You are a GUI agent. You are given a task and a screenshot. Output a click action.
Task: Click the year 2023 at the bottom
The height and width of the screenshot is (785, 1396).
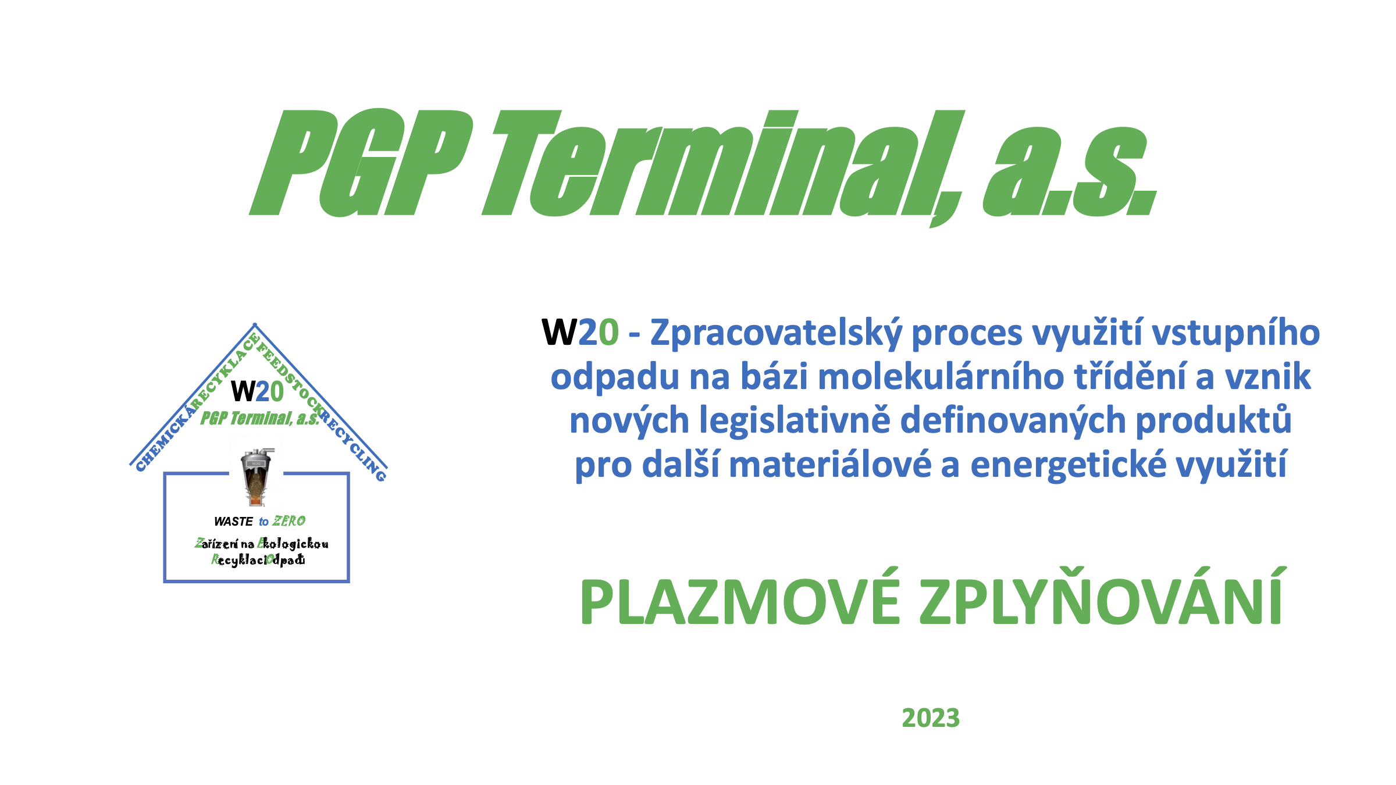(931, 718)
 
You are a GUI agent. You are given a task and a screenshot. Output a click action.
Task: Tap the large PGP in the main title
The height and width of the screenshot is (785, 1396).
(361, 163)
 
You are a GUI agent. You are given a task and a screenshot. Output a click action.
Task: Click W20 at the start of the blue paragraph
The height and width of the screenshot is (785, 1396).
(580, 333)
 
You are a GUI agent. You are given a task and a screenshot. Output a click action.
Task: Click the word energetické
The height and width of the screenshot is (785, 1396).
(1069, 465)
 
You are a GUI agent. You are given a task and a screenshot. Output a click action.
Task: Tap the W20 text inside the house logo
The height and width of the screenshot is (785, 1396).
(258, 391)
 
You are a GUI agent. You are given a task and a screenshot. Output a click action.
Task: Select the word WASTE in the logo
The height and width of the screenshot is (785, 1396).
(233, 522)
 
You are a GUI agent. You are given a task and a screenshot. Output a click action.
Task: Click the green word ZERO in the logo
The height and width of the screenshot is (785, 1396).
(289, 521)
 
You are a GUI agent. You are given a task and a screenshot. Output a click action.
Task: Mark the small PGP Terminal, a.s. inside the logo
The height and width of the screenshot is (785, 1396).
(260, 418)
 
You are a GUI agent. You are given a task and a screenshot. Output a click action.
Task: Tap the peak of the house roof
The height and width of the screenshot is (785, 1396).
(255, 324)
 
